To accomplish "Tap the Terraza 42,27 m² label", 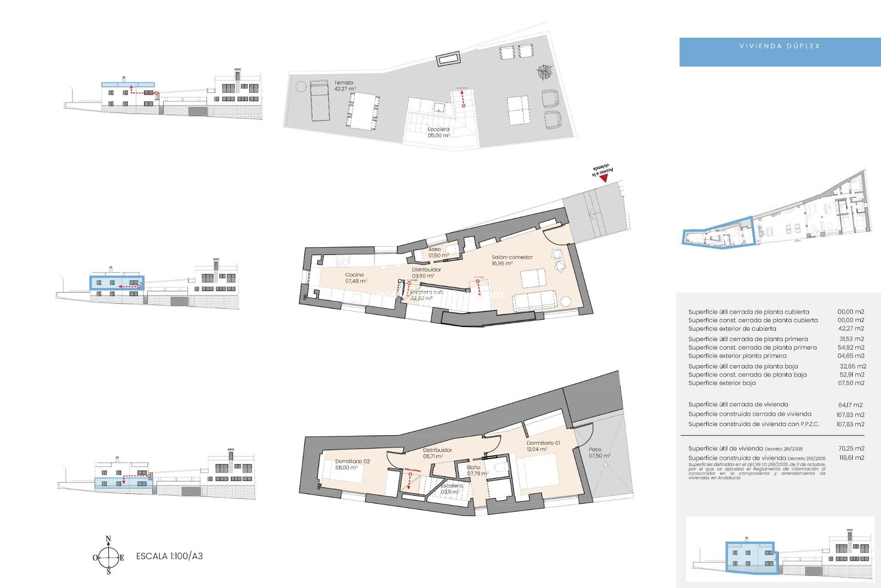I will coord(344,86).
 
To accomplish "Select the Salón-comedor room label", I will coord(512,260).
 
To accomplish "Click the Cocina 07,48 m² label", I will coord(356,278).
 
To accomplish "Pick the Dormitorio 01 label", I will coord(543,446).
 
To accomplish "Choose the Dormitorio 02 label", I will coord(352,464).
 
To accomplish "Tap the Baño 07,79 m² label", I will coord(477,470).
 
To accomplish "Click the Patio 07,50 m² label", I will coord(599,453).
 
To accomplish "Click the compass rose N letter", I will coord(108,539).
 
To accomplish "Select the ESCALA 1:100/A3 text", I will coord(169,556).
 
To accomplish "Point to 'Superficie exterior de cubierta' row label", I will coord(732,329).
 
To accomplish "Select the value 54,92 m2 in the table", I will coord(850,348).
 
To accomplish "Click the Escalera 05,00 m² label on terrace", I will coord(438,132).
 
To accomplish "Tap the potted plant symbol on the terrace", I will coord(545,72).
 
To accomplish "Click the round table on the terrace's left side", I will coord(301,86).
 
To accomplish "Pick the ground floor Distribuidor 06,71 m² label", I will coord(437,453).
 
